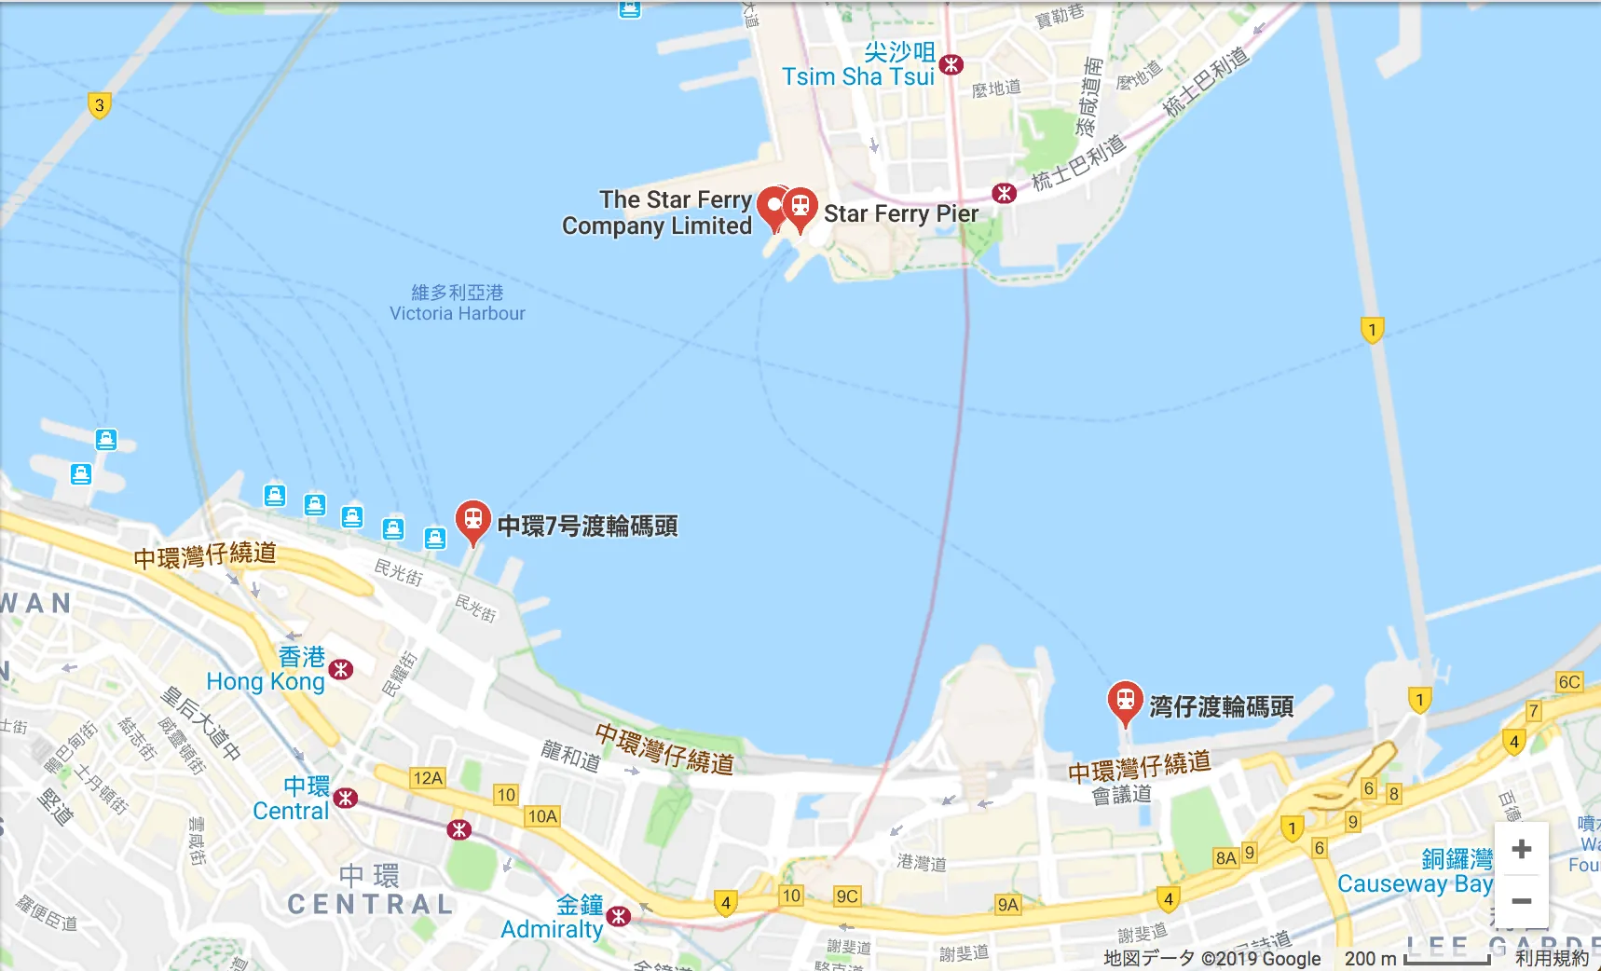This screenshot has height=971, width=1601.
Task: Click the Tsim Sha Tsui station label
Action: pos(857,65)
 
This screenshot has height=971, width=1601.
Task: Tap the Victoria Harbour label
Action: pos(457,304)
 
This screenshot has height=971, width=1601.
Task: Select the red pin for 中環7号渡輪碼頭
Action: pos(472,520)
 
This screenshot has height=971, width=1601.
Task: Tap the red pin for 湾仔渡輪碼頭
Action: pos(1125,701)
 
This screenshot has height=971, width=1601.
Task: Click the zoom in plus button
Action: pos(1521,849)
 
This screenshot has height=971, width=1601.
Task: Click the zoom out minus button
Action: pos(1521,901)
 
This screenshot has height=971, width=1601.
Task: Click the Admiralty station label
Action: pos(553,918)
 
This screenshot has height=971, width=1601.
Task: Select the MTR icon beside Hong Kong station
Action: pos(341,669)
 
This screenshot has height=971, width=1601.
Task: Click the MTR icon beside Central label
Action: pos(346,798)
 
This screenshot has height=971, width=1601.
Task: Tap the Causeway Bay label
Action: pos(1415,872)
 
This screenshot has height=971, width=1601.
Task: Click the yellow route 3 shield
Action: pos(99,105)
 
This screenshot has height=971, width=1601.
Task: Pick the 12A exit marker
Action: pos(428,778)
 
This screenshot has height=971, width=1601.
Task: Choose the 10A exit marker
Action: pos(542,816)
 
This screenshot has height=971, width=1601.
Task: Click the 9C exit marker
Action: pos(847,896)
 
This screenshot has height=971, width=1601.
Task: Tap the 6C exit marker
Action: pos(1569,682)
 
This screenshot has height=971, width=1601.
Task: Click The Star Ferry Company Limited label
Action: pos(657,213)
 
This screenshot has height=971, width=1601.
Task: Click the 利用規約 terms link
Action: pos(1552,958)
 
